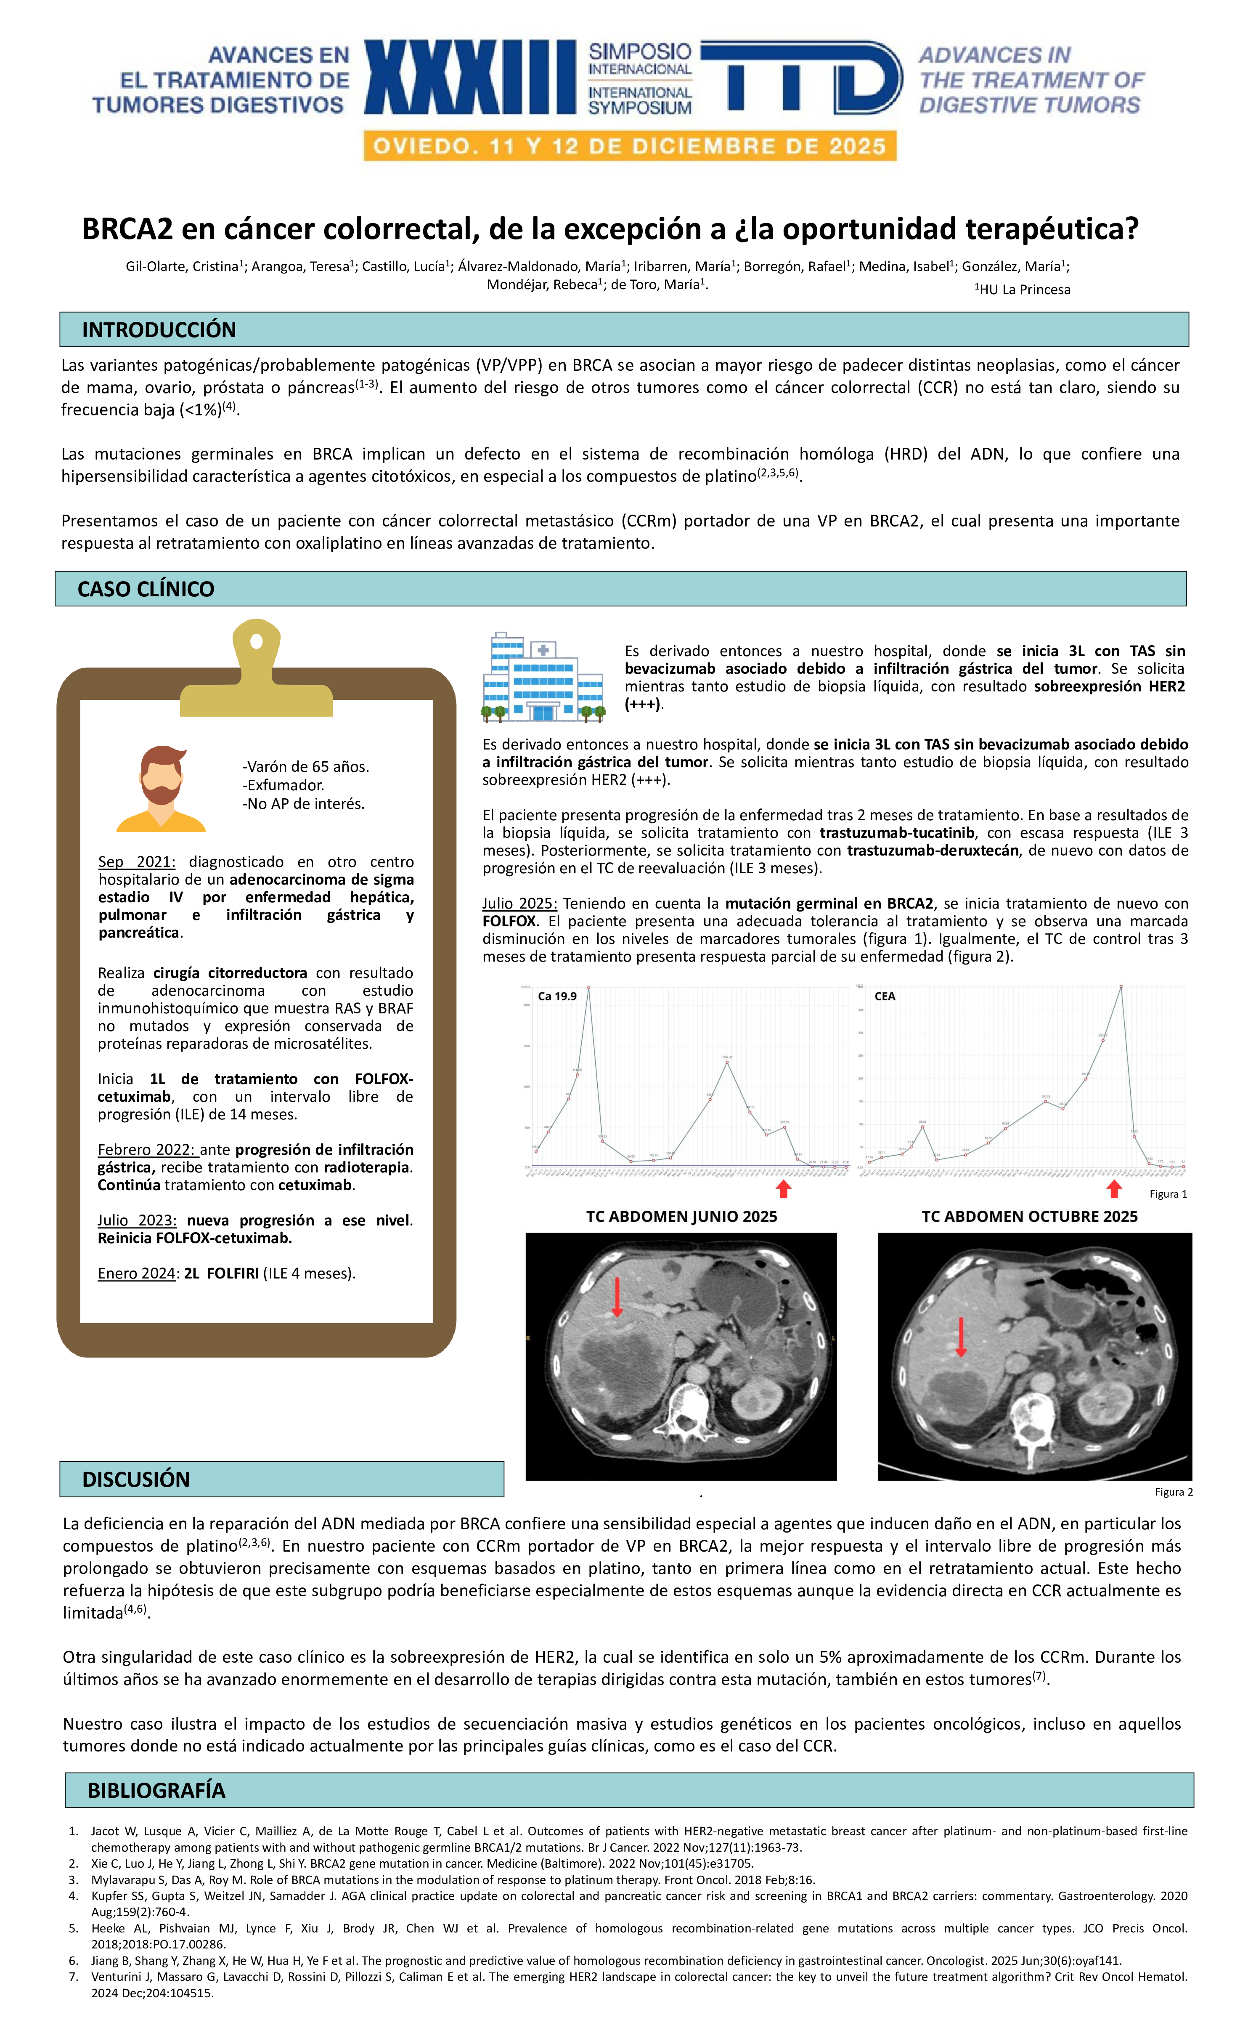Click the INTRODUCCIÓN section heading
[159, 330]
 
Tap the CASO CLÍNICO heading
[146, 589]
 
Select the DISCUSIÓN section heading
[136, 1479]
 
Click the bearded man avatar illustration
[161, 789]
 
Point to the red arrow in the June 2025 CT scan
[617, 1296]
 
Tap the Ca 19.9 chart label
[557, 996]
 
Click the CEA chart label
[885, 996]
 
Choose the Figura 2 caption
[1174, 1491]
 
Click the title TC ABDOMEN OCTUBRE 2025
[1029, 1217]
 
